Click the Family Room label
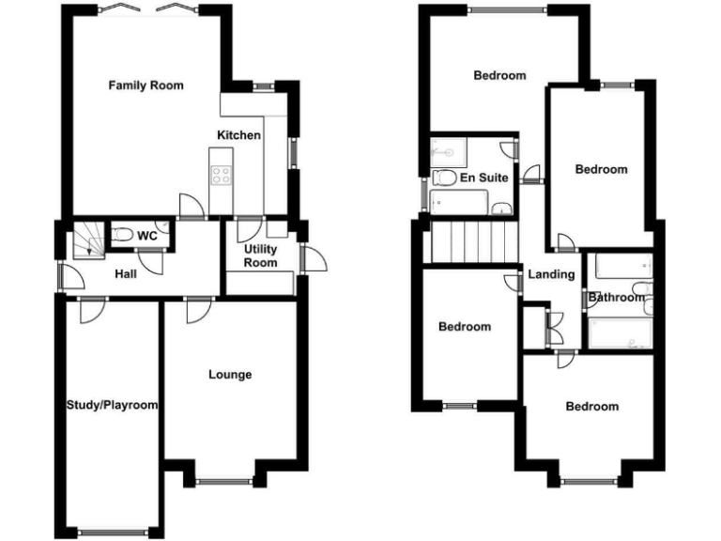146,85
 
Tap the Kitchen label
238,135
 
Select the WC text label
146,236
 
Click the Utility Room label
260,255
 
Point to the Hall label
126,274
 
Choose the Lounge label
230,375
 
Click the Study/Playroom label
112,406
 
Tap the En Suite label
483,177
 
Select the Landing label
551,274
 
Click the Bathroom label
617,298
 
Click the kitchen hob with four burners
222,175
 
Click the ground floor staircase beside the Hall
89,240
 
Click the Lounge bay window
224,482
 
